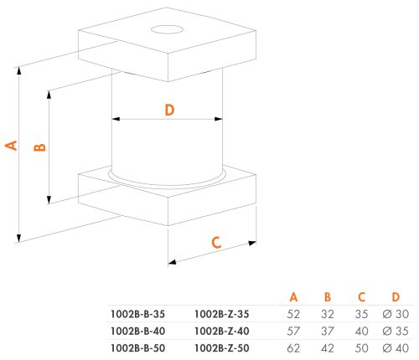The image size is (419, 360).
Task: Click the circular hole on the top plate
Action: pos(167,29)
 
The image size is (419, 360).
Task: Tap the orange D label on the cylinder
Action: pos(169,110)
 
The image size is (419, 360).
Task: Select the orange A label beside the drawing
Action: pos(11,146)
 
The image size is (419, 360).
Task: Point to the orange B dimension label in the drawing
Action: pos(39,147)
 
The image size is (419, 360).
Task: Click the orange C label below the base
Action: pos(216,243)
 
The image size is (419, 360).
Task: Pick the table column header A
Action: pos(293,297)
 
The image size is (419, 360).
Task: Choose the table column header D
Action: pos(396,297)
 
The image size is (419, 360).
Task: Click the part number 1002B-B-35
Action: pos(137,314)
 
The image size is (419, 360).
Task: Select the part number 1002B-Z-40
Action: pos(221,332)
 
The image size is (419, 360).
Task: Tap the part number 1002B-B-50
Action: pos(137,348)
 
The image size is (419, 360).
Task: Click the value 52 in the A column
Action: pos(293,314)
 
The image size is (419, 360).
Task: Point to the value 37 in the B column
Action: pos(328,332)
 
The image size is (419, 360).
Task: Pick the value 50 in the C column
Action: pos(361,348)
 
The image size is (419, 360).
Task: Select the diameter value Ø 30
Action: pos(396,314)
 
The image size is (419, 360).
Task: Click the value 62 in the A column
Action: pos(293,348)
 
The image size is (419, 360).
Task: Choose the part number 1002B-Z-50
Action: pos(221,348)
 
